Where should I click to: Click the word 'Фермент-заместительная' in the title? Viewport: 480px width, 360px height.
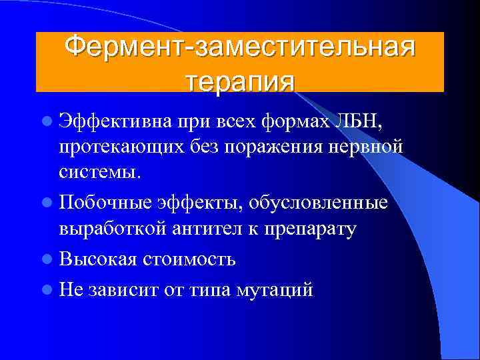pos(239,48)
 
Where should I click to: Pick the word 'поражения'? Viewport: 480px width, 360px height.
pos(261,147)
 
